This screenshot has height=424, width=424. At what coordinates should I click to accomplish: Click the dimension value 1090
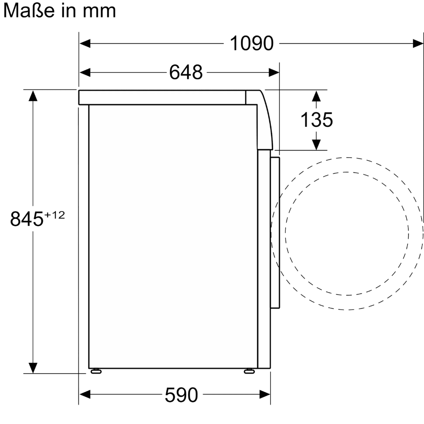point(251,43)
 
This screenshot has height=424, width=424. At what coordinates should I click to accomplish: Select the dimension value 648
point(186,73)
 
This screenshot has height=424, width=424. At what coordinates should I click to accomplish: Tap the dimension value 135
point(317,120)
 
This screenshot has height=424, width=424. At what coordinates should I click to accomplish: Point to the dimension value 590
point(181,395)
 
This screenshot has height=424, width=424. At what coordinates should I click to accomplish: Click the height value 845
point(27,219)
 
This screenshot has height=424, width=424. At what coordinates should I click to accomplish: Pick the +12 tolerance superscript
point(55,215)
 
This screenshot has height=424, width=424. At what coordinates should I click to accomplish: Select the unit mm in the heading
point(99,12)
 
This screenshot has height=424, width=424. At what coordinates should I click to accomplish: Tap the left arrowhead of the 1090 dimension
point(85,43)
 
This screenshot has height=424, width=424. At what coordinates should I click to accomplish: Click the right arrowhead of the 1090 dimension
point(418,43)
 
